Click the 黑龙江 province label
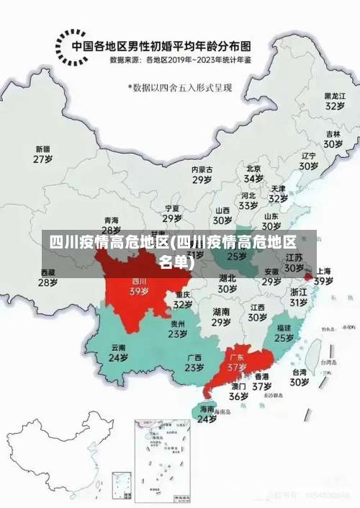tap(333, 95)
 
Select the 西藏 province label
tap(48, 272)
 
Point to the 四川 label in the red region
tap(139, 281)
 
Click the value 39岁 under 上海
tap(323, 281)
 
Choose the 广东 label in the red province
tap(237, 357)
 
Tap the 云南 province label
tap(118, 347)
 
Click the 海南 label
tap(207, 408)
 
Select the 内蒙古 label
tap(202, 169)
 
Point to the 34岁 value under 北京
tap(253, 178)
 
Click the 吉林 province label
tap(333, 134)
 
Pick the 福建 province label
tap(284, 327)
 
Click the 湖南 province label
tap(221, 312)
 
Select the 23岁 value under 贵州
tap(178, 334)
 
